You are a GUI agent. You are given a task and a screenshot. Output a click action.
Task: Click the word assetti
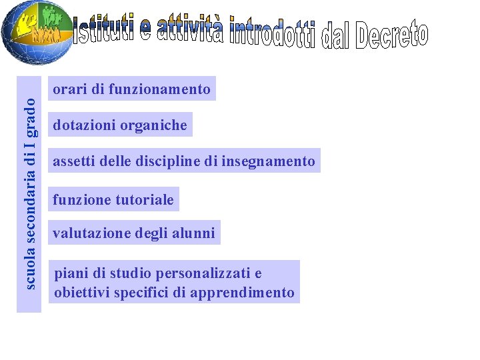tap(73, 161)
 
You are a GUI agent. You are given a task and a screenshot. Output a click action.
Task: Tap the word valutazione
tap(91, 233)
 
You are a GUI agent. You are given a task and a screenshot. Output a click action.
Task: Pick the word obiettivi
tap(82, 292)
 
